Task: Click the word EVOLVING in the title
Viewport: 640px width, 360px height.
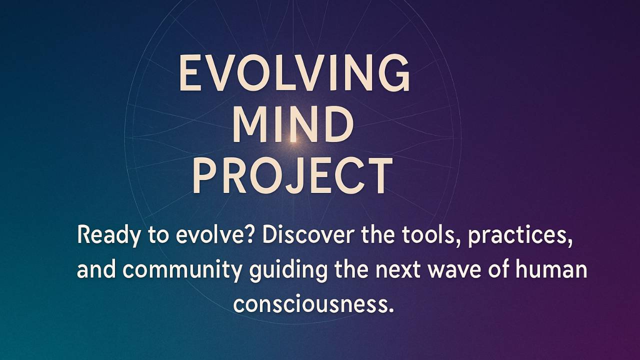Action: pyautogui.click(x=294, y=74)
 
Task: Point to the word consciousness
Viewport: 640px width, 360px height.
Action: pyautogui.click(x=313, y=303)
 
